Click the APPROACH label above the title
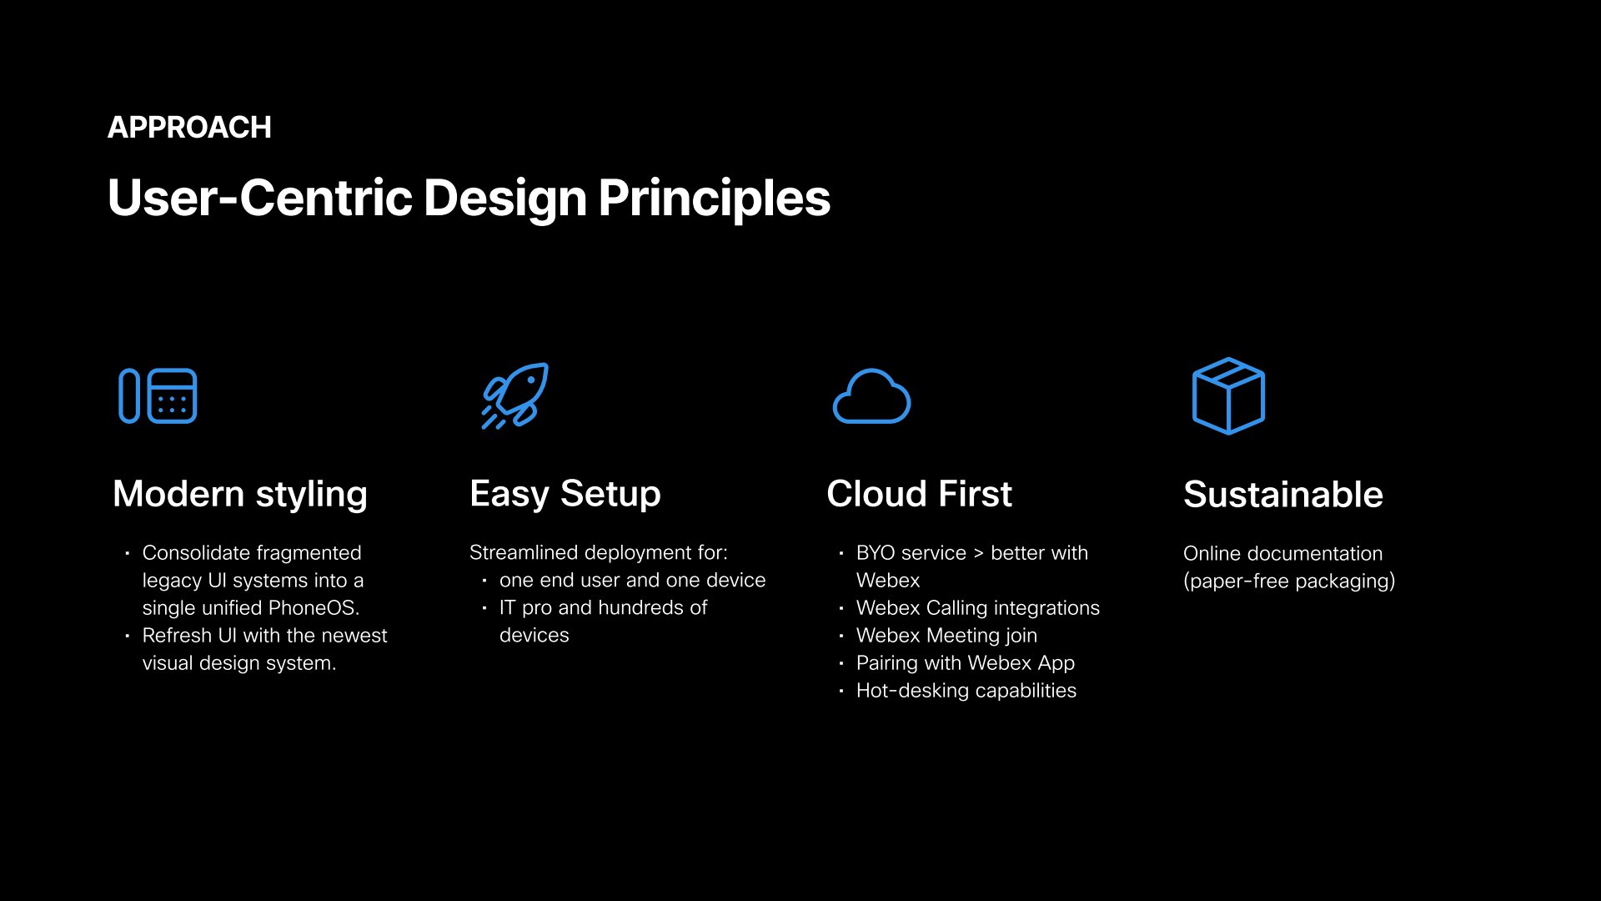click(189, 128)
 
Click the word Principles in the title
click(714, 199)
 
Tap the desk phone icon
click(158, 395)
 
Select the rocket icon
click(515, 395)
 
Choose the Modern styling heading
click(240, 494)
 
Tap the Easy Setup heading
click(565, 494)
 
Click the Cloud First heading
click(919, 494)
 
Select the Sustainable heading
click(1283, 495)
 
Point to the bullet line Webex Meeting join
click(946, 636)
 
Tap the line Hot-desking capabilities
click(966, 691)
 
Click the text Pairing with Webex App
click(966, 663)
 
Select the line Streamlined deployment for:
click(599, 553)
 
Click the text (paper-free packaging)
click(1289, 581)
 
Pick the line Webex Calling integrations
click(978, 608)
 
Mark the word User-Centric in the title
click(260, 199)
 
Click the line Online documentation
click(1282, 553)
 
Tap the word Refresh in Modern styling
click(177, 636)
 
